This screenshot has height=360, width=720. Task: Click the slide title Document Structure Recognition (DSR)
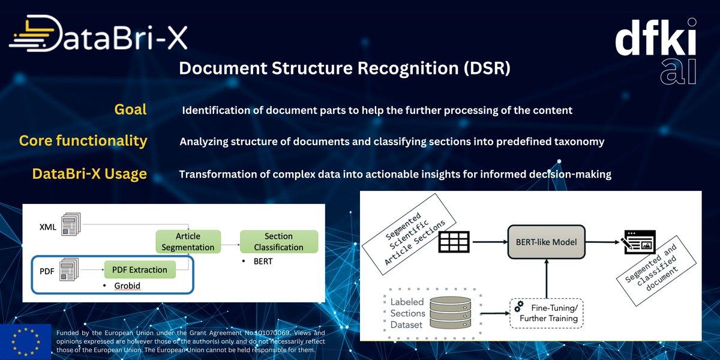pos(344,68)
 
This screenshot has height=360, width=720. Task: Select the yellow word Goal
pos(130,109)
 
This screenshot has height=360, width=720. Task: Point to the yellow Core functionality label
pos(83,140)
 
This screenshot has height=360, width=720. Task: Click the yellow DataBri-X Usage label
pos(89,174)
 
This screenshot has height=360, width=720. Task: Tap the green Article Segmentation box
pos(187,241)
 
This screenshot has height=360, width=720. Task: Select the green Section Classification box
pos(278,241)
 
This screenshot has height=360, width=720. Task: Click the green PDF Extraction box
pos(140,269)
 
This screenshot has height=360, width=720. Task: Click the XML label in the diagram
pos(47,227)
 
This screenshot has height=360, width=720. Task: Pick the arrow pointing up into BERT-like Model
pos(547,277)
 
